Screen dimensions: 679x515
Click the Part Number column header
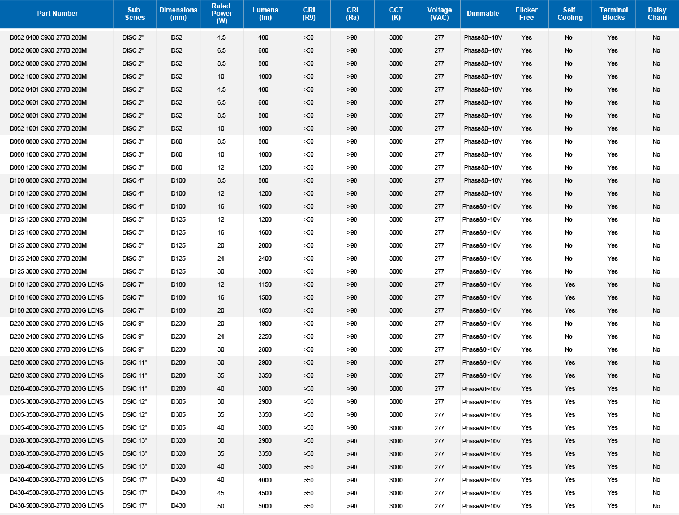(x=57, y=14)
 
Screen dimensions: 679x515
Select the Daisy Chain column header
(x=657, y=14)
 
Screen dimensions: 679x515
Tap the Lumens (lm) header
(x=265, y=14)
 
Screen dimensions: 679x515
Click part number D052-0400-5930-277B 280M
(x=48, y=37)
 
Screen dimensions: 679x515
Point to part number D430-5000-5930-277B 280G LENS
(x=57, y=505)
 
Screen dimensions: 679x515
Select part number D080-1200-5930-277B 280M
(x=48, y=167)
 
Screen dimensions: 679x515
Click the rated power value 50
(x=221, y=505)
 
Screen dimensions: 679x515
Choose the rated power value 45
(x=221, y=492)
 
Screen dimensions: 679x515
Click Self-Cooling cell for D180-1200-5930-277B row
(x=569, y=284)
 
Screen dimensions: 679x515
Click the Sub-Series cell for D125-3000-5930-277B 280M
(x=133, y=271)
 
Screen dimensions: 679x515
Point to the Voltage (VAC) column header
(x=439, y=14)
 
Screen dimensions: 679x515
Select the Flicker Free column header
(x=527, y=14)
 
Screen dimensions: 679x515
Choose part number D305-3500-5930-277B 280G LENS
(x=57, y=414)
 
